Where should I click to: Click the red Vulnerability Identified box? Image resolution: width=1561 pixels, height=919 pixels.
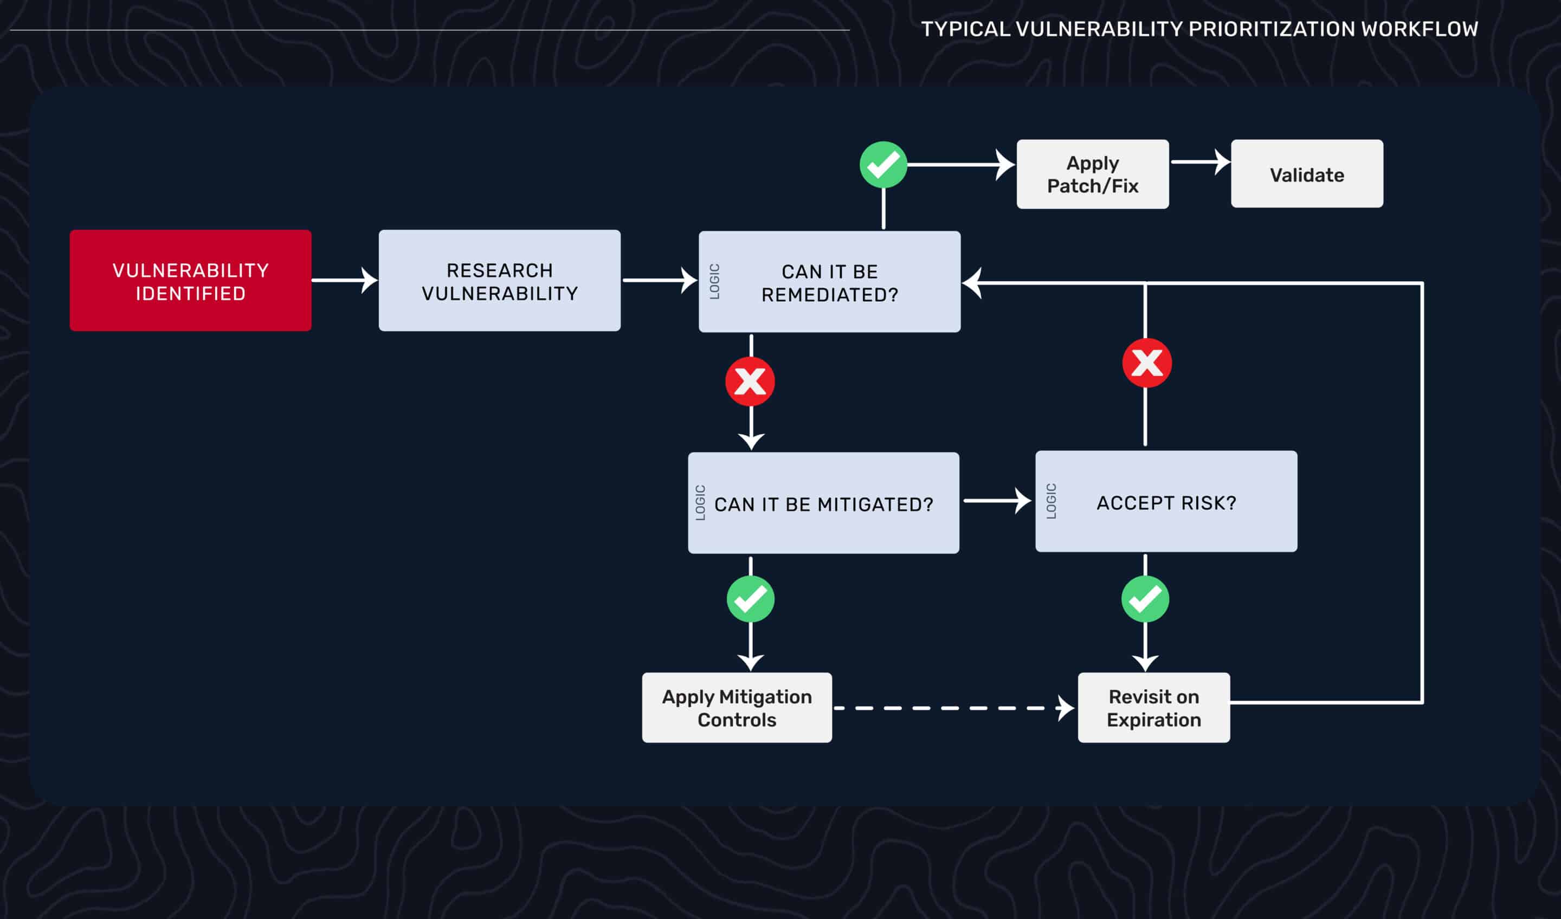[190, 281]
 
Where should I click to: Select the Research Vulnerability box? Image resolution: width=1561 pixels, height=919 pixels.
[499, 281]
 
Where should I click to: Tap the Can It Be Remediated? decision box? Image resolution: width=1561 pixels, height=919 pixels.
[829, 282]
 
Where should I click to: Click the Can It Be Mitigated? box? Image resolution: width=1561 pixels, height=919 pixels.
[823, 503]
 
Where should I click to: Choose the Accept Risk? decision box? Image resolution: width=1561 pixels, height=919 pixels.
[1166, 502]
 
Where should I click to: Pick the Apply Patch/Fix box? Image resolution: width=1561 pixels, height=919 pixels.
[1093, 174]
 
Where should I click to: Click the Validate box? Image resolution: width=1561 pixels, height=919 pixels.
[1306, 174]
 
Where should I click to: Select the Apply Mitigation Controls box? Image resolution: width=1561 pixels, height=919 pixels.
[737, 708]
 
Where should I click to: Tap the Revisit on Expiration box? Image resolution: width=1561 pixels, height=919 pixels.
[1153, 708]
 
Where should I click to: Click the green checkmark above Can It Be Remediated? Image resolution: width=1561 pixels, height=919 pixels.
[883, 165]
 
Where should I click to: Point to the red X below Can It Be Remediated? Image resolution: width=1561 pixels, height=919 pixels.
[750, 381]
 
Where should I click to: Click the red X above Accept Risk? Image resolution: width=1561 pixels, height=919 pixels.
[1146, 363]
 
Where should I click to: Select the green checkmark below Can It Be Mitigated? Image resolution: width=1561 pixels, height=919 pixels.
[750, 599]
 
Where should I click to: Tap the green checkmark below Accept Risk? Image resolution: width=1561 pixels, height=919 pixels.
[1145, 599]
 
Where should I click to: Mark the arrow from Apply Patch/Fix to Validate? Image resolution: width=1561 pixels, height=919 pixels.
[1199, 162]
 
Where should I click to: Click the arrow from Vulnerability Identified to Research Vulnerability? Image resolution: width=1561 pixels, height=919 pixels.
[344, 281]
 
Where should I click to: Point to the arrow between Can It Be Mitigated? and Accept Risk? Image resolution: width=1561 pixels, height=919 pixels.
[996, 500]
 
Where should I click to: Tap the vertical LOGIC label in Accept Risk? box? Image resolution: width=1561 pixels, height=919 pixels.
[1051, 501]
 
